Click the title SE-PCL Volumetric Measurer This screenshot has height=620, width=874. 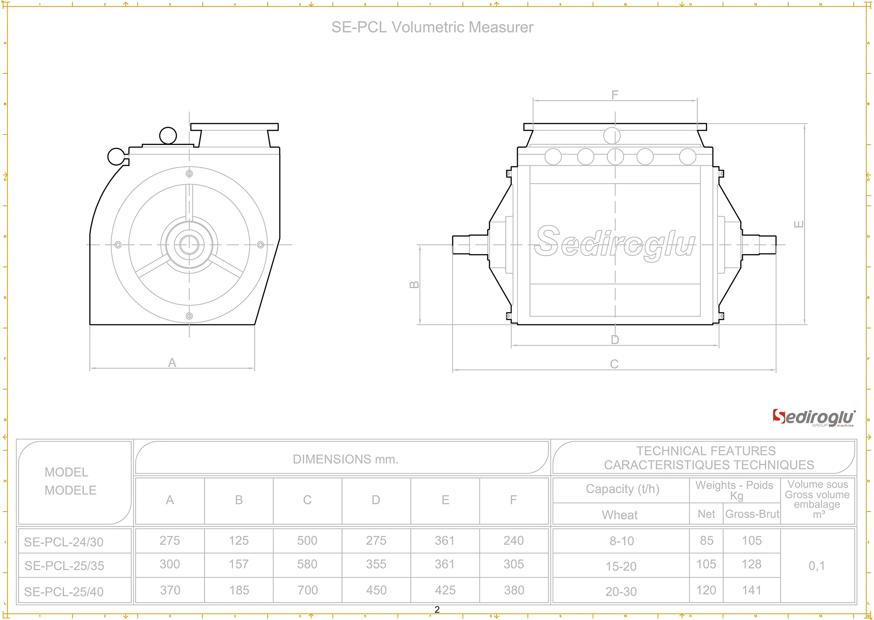(432, 27)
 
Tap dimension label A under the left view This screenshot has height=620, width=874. (172, 363)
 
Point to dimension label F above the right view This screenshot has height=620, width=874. (615, 95)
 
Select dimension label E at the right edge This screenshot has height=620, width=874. (799, 224)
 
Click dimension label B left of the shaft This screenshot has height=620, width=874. (414, 284)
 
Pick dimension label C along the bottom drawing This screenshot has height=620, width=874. (614, 364)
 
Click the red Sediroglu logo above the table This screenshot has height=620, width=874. (813, 418)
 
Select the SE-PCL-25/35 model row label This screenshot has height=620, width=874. (64, 565)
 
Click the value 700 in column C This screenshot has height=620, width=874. (308, 590)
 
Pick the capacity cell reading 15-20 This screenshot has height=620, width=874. (621, 566)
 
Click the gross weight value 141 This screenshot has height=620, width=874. (751, 590)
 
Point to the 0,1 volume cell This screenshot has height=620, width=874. (817, 565)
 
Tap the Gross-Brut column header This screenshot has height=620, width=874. (752, 514)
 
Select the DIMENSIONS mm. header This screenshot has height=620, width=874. (345, 459)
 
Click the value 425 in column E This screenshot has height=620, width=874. (445, 590)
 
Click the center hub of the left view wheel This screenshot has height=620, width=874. (189, 244)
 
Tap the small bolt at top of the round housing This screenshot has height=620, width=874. (189, 174)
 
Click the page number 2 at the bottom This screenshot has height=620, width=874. (437, 610)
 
